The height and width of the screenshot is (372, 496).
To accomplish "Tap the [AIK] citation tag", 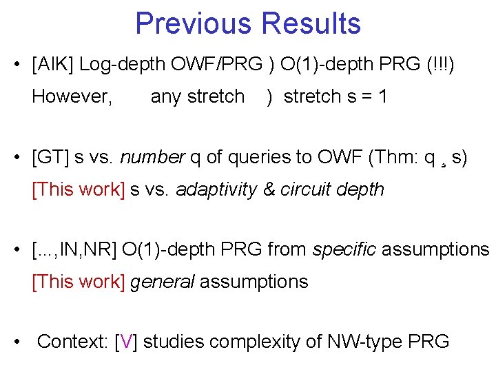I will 53,65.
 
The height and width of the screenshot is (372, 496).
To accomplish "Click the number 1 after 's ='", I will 382,96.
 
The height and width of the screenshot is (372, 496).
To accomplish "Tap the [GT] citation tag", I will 51,158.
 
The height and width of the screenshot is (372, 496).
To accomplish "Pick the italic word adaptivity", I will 216,189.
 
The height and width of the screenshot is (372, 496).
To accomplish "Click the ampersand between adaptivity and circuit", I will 269,189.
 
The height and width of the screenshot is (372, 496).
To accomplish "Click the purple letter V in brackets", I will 127,342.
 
